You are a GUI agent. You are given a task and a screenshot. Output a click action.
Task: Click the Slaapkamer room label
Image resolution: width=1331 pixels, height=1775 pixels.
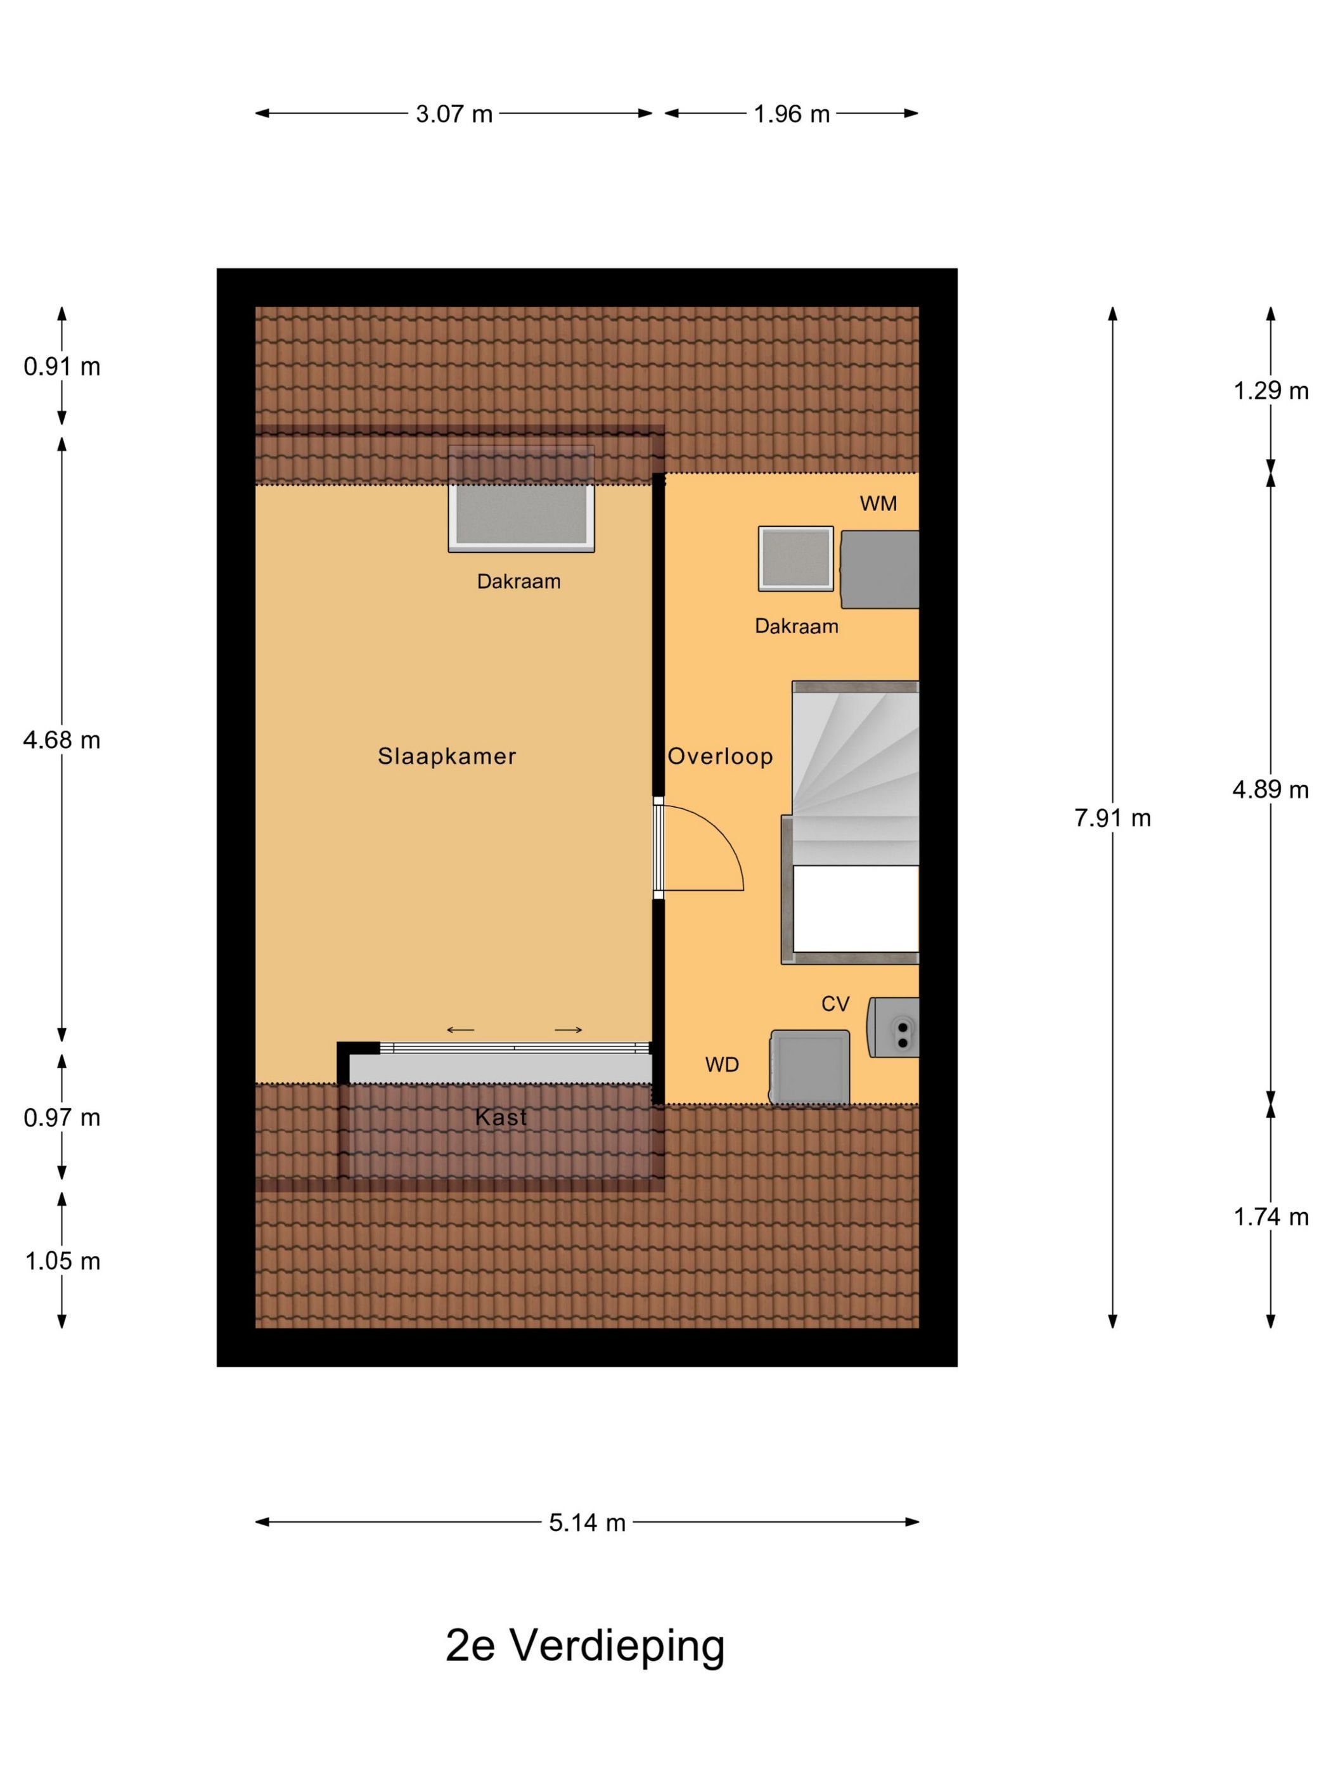(x=447, y=756)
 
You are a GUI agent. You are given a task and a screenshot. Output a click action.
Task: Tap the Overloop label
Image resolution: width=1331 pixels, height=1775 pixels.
(x=719, y=756)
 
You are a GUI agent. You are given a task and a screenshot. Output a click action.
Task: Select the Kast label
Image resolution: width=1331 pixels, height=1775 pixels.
(x=501, y=1117)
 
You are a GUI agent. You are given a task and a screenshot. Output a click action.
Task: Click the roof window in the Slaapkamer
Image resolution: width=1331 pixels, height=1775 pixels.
(x=521, y=499)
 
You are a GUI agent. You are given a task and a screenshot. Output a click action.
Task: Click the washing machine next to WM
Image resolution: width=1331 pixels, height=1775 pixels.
(x=879, y=569)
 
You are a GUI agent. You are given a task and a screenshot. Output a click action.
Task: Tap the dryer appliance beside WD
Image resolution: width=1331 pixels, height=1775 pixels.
(x=809, y=1068)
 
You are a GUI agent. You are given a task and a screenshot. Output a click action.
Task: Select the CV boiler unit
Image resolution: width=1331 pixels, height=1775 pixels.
(x=893, y=1027)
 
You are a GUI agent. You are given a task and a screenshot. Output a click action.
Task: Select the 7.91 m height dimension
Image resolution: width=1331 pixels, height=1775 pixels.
(x=1113, y=818)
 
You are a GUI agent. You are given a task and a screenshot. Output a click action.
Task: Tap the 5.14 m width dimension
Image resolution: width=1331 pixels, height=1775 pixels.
(x=588, y=1522)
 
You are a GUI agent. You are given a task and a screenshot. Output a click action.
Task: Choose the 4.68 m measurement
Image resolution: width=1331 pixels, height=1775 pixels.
(x=61, y=740)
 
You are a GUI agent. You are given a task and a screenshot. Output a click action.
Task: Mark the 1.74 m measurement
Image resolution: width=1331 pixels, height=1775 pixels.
(x=1271, y=1217)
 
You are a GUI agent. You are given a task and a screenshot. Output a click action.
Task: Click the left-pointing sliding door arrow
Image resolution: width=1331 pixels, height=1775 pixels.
(x=461, y=1030)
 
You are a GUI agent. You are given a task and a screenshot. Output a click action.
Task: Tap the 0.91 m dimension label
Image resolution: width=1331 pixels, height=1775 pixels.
(x=61, y=366)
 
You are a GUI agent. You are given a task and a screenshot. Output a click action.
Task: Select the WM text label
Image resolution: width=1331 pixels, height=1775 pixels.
(x=878, y=503)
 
